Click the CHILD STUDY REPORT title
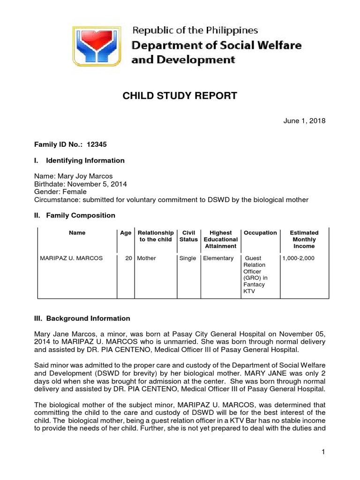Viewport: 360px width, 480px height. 180,96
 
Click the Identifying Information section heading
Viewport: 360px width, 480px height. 85,160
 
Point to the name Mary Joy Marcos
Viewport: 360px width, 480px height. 84,176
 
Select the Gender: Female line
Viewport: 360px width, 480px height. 61,191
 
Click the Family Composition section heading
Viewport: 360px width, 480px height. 80,215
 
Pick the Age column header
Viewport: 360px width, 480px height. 125,232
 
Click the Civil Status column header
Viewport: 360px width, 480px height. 188,236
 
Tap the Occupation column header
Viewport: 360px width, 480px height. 260,232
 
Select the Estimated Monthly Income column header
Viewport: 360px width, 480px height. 304,239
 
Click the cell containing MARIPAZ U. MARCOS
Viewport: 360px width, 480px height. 71,258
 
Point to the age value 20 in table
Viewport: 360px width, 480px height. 128,258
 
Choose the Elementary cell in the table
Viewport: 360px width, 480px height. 218,258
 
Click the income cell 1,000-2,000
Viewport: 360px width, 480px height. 298,258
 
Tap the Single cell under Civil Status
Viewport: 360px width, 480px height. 187,258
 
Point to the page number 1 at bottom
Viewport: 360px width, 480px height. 323,452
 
